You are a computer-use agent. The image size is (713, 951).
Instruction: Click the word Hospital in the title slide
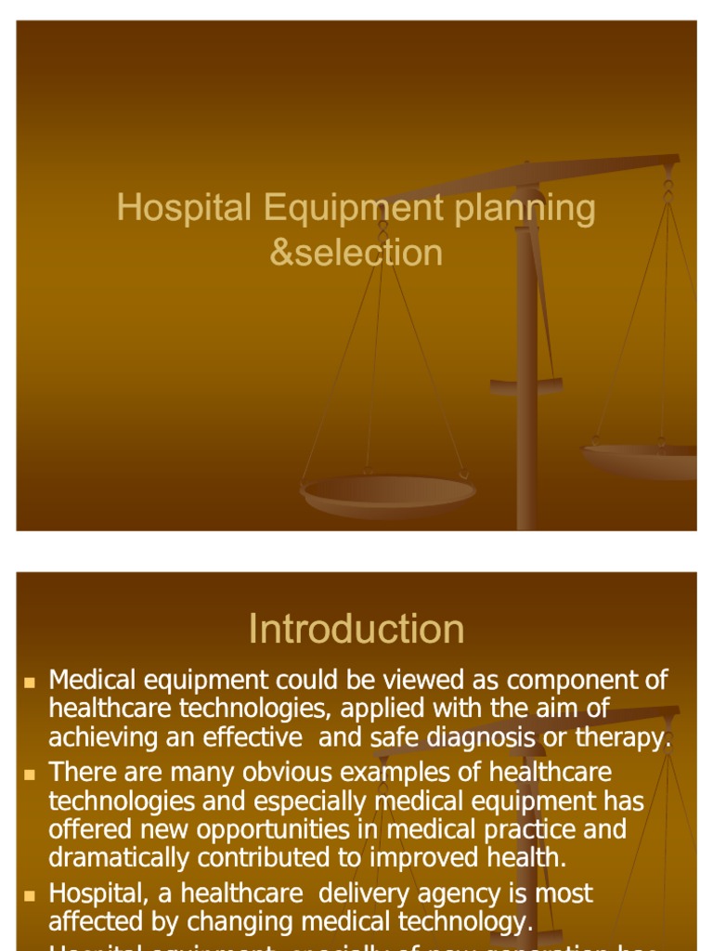click(x=184, y=208)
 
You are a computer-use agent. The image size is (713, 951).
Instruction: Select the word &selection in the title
click(x=356, y=253)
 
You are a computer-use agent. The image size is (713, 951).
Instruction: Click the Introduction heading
click(x=356, y=630)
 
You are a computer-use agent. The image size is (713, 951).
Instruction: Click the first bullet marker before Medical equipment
click(x=29, y=683)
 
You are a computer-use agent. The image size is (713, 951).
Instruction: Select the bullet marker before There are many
click(x=29, y=774)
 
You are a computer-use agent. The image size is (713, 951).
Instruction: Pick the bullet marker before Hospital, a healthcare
click(x=29, y=895)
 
